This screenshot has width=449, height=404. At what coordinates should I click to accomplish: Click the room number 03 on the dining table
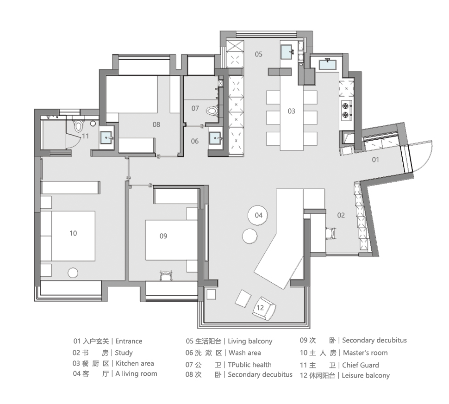pos(291,111)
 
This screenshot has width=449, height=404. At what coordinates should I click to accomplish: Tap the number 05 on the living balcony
pos(258,54)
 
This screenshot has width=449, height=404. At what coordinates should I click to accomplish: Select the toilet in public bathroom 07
pos(212,111)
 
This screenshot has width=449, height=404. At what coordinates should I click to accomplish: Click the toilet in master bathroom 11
pos(78,125)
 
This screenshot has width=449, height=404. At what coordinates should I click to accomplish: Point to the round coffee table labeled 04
pos(258,215)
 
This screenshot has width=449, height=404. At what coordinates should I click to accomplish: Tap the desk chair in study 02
pos(331,232)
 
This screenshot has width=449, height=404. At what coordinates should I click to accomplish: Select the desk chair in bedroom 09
pos(166,275)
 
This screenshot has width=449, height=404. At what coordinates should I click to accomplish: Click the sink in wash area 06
pos(216,138)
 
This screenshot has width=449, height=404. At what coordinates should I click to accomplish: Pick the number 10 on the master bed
pos(73,233)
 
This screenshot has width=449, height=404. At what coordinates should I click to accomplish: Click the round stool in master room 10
pos(73,273)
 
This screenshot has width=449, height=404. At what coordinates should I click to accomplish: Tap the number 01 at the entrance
pos(375,160)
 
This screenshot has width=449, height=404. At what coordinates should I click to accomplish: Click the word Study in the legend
pos(124,353)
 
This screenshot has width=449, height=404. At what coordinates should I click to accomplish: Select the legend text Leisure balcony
pos(366,375)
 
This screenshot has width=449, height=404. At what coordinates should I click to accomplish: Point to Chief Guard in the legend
pos(361,365)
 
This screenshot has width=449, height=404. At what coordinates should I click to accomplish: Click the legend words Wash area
pos(244,353)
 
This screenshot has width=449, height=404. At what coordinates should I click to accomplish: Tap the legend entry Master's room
pos(365,353)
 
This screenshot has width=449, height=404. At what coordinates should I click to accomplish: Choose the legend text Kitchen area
pos(135,363)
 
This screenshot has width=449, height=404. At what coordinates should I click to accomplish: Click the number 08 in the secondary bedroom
pos(156,124)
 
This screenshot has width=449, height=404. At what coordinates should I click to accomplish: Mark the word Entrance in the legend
pos(129,342)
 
